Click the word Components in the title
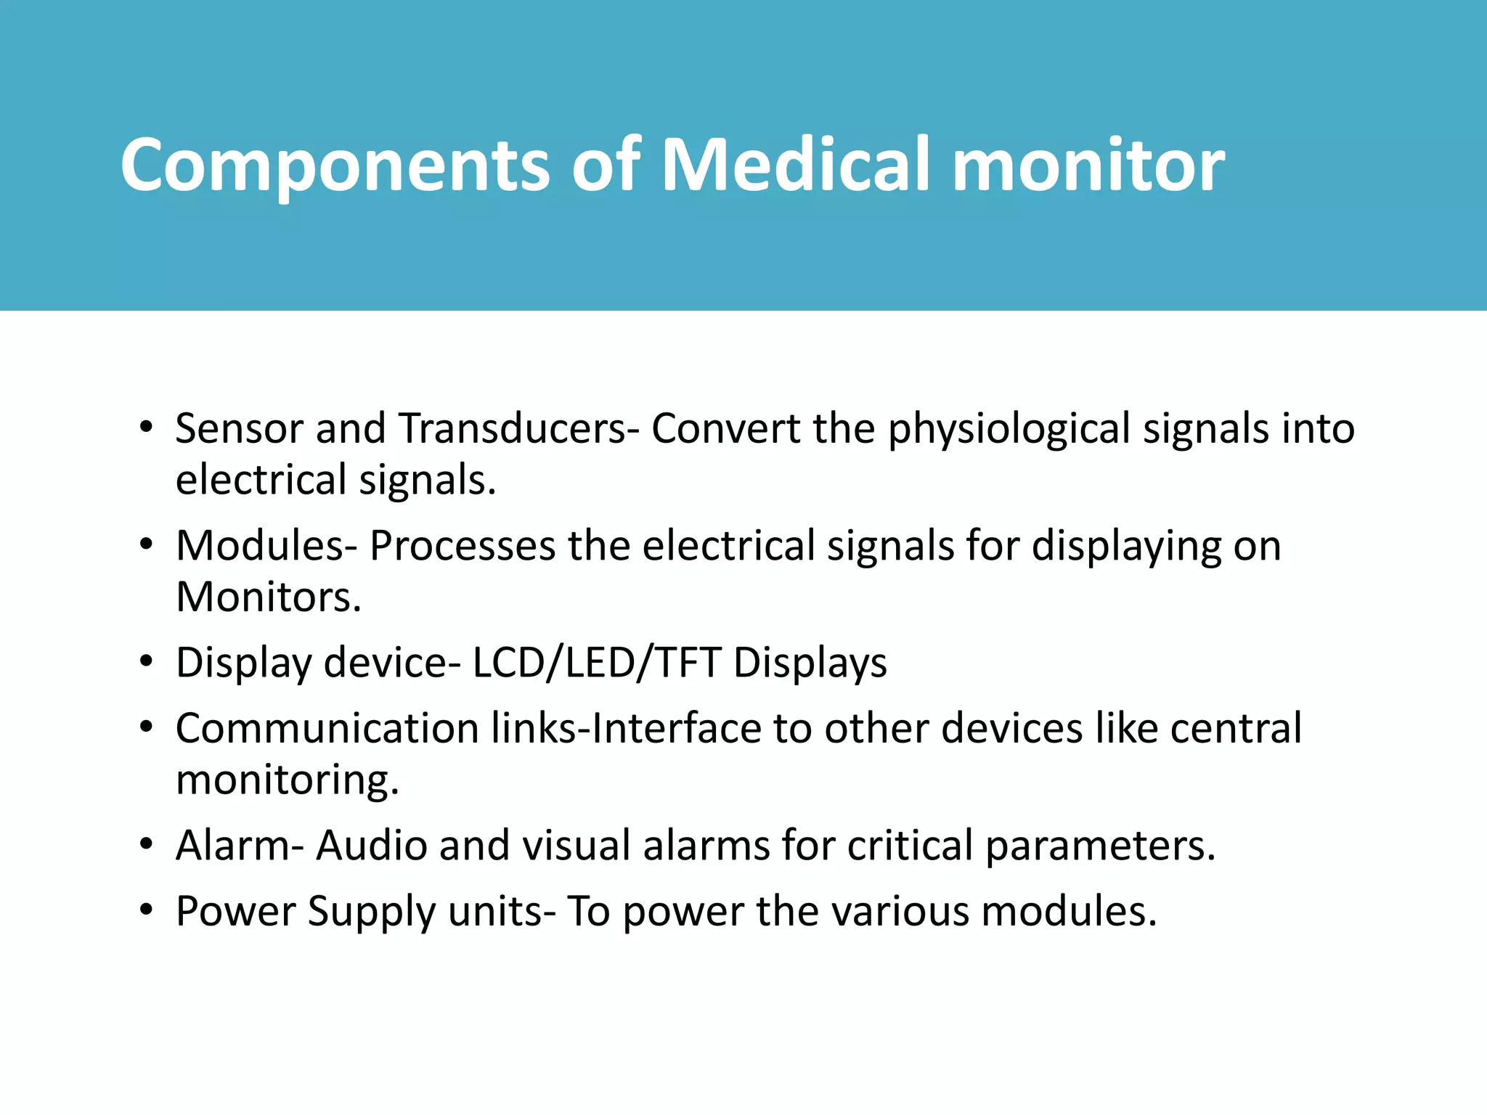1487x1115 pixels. (x=335, y=166)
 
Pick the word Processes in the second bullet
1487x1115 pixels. (x=462, y=546)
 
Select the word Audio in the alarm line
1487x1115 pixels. (x=371, y=846)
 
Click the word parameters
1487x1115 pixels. (x=1099, y=847)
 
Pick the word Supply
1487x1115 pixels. (x=371, y=912)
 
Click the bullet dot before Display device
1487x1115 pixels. (x=147, y=662)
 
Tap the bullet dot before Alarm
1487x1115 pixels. (x=147, y=845)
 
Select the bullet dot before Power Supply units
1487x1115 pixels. (x=147, y=910)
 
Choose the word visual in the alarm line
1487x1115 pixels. (x=577, y=846)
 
